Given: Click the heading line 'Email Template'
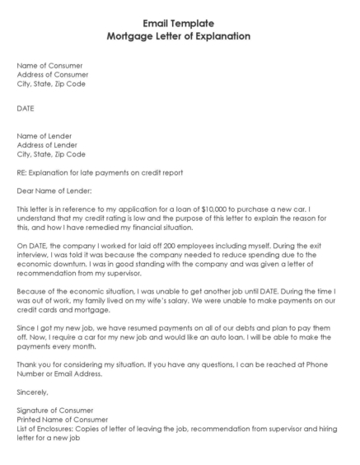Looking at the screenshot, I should pos(179,24).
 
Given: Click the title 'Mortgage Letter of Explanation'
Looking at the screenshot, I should pos(179,36).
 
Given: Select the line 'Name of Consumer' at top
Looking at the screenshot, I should pos(49,65).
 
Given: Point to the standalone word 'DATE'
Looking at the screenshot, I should pos(26,108).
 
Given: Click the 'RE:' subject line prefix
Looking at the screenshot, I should pos(21,172).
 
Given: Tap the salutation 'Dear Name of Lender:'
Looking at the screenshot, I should pos(54,191).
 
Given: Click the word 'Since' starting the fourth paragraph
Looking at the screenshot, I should pos(26,328).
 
